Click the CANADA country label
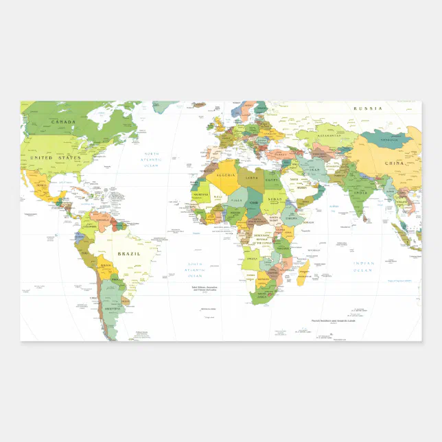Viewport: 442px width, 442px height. [63, 123]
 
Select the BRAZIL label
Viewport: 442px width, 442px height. [129, 254]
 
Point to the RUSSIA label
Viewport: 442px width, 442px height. [367, 108]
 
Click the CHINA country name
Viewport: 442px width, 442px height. [394, 163]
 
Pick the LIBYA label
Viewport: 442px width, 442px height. [253, 178]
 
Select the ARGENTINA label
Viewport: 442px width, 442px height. [110, 310]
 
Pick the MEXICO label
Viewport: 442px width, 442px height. [40, 185]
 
